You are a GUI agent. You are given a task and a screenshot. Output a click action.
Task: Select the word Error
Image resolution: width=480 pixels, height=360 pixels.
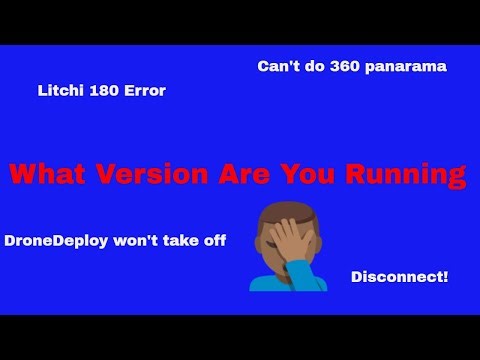[142, 91]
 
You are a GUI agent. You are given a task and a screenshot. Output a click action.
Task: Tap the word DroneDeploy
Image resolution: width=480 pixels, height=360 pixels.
[54, 241]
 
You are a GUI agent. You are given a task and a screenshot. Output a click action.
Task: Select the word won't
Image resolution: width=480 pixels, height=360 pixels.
[132, 241]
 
